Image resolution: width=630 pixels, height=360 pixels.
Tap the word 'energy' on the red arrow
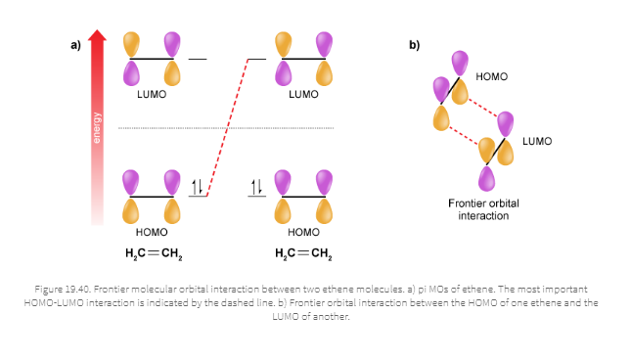97,127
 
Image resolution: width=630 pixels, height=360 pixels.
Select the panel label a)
74,44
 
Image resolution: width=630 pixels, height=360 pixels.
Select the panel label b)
414,44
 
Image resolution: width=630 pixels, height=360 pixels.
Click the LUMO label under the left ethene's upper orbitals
152,95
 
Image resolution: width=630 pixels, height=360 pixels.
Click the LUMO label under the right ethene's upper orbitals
303,95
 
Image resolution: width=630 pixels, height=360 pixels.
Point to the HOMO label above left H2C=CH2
152,233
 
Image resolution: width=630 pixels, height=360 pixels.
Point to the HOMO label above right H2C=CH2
303,233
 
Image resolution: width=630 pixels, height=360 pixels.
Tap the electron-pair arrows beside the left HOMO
197,186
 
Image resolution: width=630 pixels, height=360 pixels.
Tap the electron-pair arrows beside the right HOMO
257,186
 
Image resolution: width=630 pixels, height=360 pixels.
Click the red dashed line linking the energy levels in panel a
227,127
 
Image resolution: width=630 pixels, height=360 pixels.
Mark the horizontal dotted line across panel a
226,128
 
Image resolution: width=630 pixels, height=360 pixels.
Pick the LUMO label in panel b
537,142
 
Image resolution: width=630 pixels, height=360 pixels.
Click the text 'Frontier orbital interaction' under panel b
483,209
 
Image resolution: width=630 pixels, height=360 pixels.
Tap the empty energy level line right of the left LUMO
198,59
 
